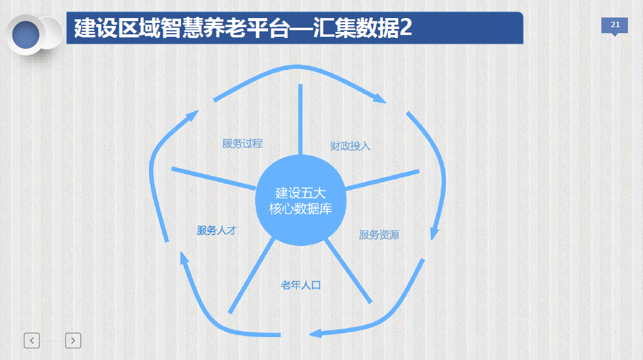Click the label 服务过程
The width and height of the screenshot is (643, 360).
point(242,144)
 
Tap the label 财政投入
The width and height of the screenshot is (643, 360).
point(350,146)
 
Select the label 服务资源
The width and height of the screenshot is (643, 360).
point(379,235)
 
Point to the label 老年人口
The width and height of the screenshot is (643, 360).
point(300,285)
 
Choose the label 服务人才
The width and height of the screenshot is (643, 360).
point(216,230)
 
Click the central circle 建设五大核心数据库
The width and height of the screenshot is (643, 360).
point(300,200)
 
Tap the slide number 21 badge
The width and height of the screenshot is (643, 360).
point(615,25)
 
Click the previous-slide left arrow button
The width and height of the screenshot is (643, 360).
point(32,341)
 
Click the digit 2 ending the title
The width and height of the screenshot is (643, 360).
point(406,28)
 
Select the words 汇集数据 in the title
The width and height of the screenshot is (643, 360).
point(356,28)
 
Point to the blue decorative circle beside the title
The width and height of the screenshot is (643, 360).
point(26,34)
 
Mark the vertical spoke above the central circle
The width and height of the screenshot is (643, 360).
point(300,119)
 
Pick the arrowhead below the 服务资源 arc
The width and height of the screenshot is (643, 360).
point(434,233)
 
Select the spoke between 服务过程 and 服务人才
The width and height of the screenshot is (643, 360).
point(214,179)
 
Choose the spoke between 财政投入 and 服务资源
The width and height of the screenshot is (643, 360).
point(382,180)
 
